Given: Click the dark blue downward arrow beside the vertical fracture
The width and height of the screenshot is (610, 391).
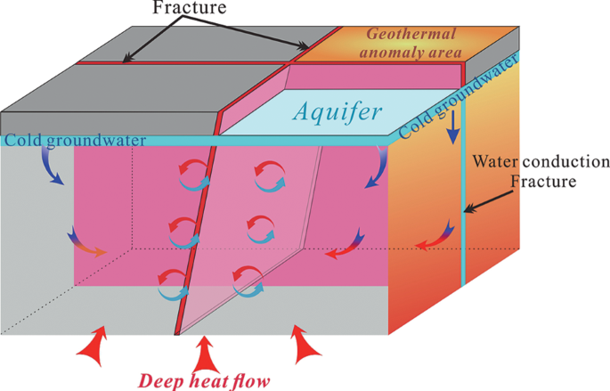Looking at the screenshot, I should point(453,131).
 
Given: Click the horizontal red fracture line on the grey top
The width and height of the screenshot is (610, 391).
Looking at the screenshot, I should point(178,63).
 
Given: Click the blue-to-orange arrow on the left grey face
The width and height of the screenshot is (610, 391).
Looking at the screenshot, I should point(85,245).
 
